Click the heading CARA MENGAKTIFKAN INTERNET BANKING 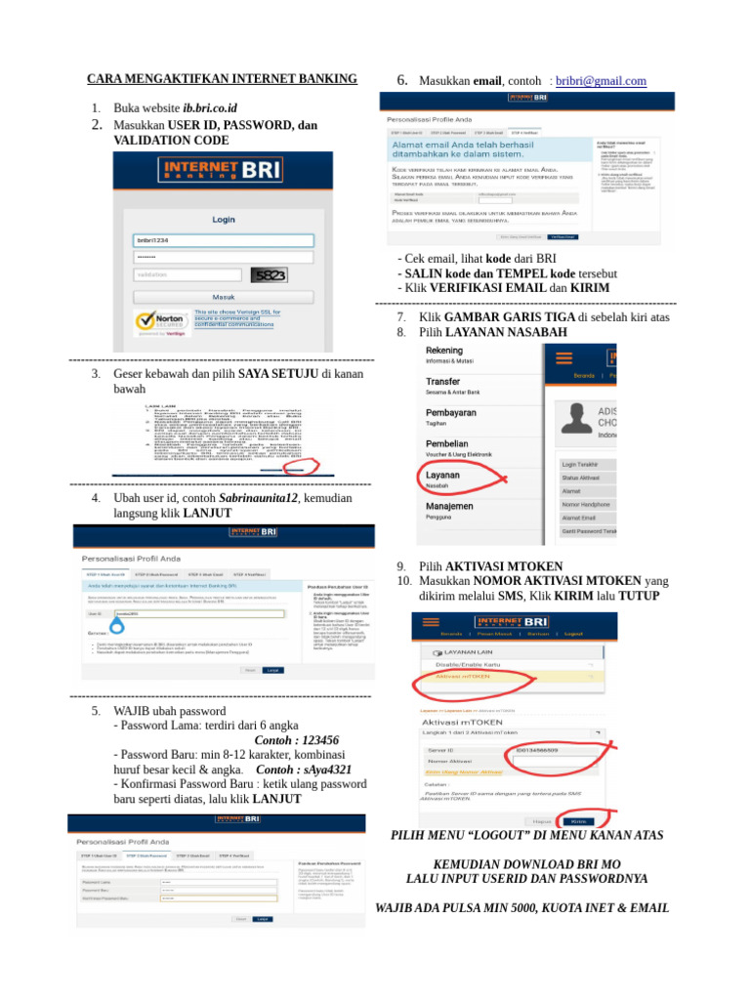coord(223,78)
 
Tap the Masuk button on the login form coord(224,297)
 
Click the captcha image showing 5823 coord(269,275)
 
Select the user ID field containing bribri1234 coord(224,240)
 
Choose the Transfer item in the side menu coord(443,381)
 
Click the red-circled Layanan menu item coord(442,476)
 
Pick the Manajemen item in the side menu coord(449,507)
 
